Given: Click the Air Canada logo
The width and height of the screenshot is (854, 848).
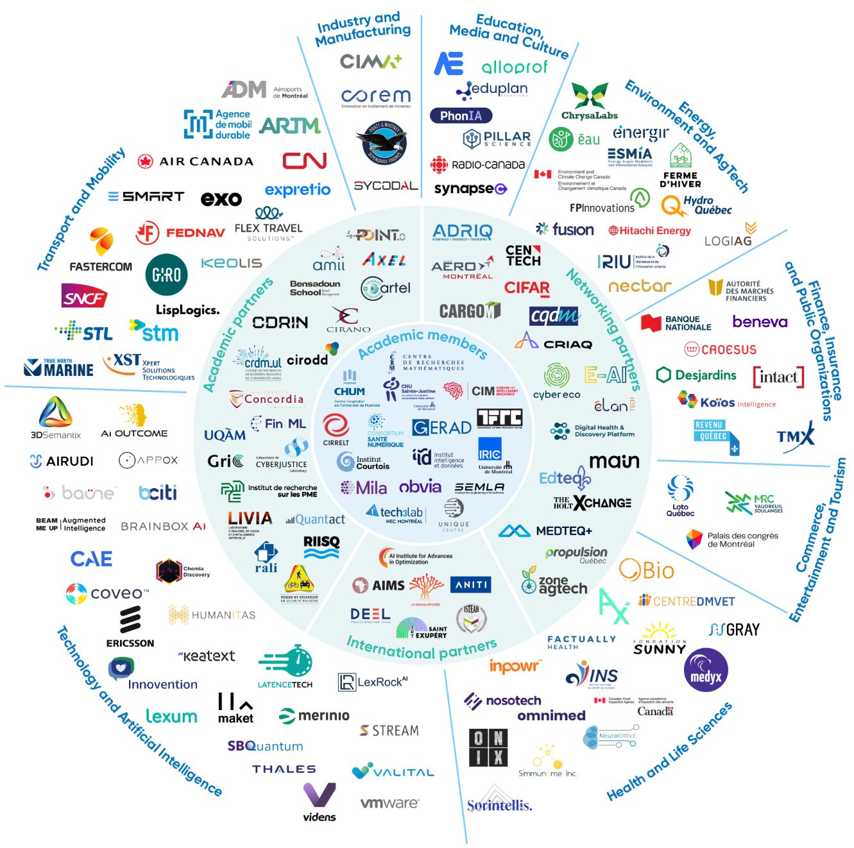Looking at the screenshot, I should pos(196,161).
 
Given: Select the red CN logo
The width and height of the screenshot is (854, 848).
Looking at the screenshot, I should pos(305,160).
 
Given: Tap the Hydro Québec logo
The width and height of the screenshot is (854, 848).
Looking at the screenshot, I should pos(696,205).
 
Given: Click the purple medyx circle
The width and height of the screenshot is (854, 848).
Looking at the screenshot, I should pos(706,670).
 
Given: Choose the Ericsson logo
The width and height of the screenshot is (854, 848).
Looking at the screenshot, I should pos(130,626).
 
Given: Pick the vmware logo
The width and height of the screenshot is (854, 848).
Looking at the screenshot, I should pos(389,802).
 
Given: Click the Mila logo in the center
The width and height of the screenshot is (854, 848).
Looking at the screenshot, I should pos(364,488).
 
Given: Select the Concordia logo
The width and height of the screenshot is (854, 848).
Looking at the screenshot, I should pos(266,400).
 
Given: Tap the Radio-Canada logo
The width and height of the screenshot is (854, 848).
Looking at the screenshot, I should pos(478,165).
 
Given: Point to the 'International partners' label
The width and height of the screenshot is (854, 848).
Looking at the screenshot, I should pos(422,649).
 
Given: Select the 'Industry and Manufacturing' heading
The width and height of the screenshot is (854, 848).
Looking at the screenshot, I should pos(363,30).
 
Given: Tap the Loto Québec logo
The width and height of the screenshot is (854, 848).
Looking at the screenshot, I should pos(680,496).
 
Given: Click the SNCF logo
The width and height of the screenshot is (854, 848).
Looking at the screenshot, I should pos(83,296).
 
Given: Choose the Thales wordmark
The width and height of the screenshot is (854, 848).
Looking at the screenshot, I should pos(284,769).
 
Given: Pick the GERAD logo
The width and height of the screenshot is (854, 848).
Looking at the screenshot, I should pos(441,427).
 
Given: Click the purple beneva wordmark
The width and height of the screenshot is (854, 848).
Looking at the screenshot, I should pos(760,321).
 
